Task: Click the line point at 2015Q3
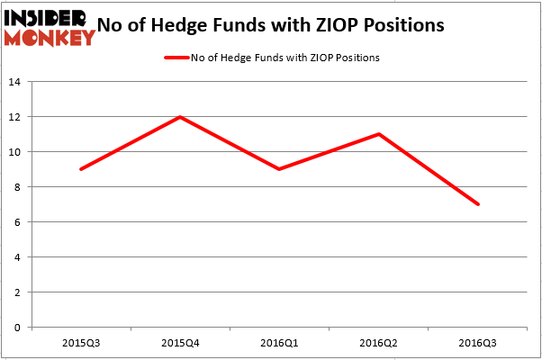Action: coord(82,169)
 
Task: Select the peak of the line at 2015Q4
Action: coord(181,117)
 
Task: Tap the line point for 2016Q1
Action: coord(280,169)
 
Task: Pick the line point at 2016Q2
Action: coord(379,134)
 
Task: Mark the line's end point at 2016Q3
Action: coord(478,204)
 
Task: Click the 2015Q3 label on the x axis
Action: coord(82,343)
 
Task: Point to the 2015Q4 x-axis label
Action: coord(181,343)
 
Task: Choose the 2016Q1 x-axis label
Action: coord(280,343)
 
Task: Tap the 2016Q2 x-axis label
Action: coord(379,343)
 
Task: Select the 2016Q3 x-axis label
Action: coord(478,343)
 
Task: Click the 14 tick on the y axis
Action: coord(15,82)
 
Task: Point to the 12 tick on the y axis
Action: coord(15,117)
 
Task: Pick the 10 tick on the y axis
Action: coord(15,152)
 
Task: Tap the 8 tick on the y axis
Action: coord(18,187)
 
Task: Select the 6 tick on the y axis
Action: coord(18,222)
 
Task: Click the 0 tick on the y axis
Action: coord(18,328)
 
